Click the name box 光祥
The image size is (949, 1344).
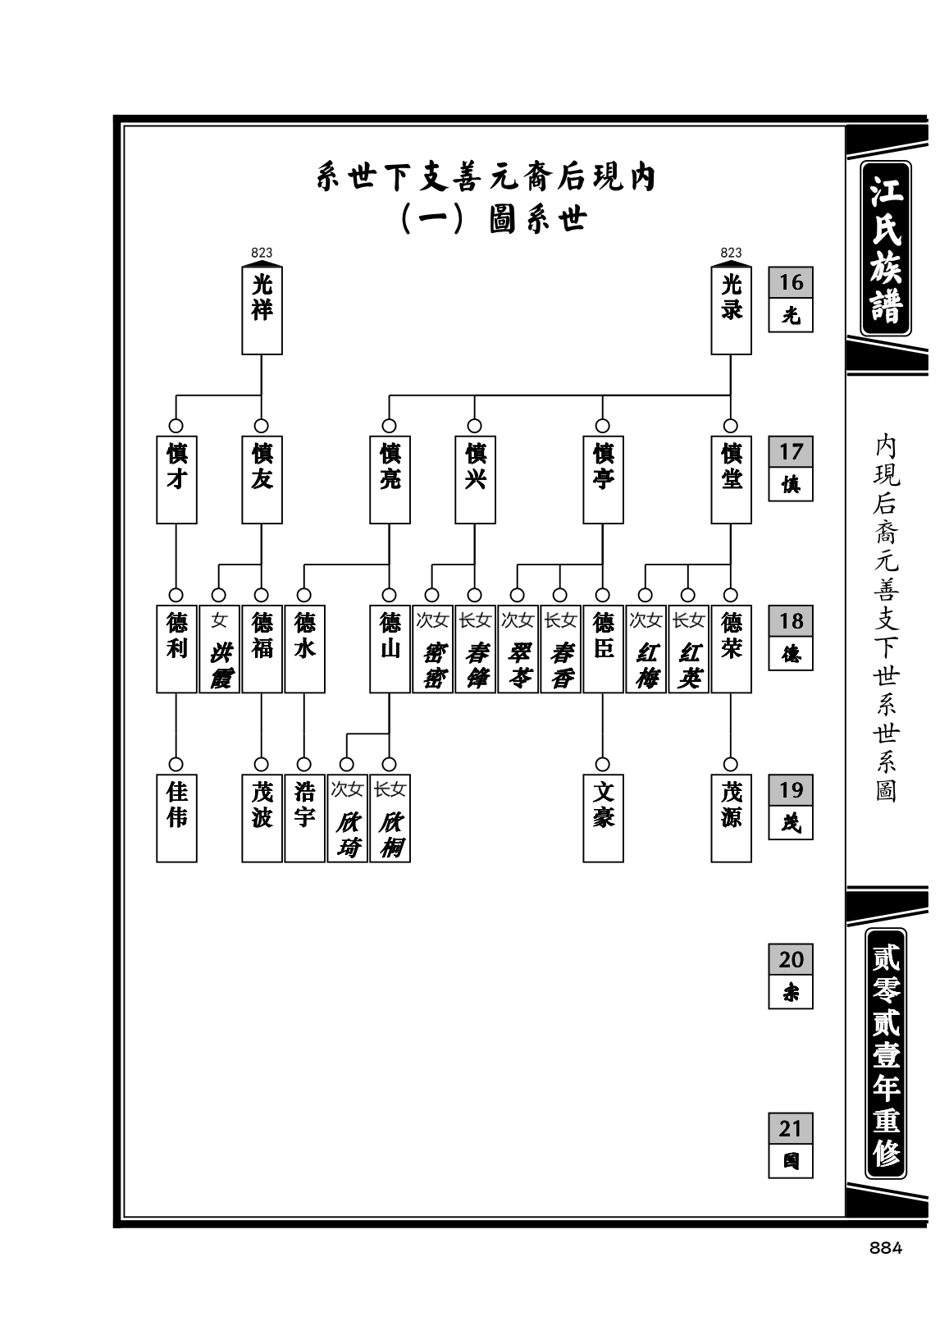262,310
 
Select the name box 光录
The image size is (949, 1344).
731,310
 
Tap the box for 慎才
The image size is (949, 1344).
176,479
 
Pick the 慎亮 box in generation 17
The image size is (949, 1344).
390,479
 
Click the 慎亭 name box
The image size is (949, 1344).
603,479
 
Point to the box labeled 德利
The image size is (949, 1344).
176,648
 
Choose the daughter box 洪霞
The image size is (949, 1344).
219,648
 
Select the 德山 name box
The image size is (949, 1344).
390,648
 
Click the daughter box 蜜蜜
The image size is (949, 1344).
432,648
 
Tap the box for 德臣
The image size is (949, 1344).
603,648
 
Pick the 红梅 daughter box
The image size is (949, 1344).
646,648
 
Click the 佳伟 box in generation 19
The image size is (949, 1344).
176,818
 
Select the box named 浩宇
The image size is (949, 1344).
305,818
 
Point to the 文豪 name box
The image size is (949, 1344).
603,818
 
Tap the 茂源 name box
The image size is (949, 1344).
731,818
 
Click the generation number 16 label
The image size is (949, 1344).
791,282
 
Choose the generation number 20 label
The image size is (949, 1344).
791,959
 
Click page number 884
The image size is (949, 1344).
885,1248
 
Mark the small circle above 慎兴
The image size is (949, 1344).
474,426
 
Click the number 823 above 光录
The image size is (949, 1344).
731,254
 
